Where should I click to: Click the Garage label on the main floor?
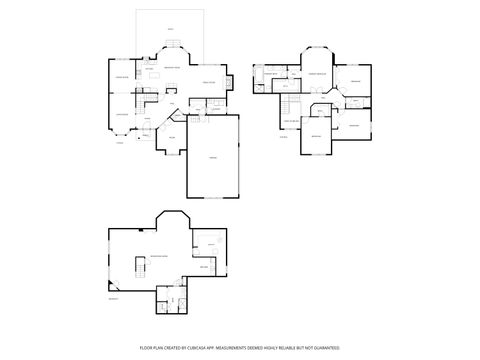[x=212, y=157]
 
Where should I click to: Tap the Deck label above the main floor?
[x=169, y=31]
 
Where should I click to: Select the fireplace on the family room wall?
[x=230, y=83]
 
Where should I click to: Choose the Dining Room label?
[x=122, y=78]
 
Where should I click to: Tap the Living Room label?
[x=122, y=113]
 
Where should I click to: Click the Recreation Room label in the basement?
[x=158, y=257]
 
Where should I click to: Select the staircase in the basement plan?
[x=137, y=268]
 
